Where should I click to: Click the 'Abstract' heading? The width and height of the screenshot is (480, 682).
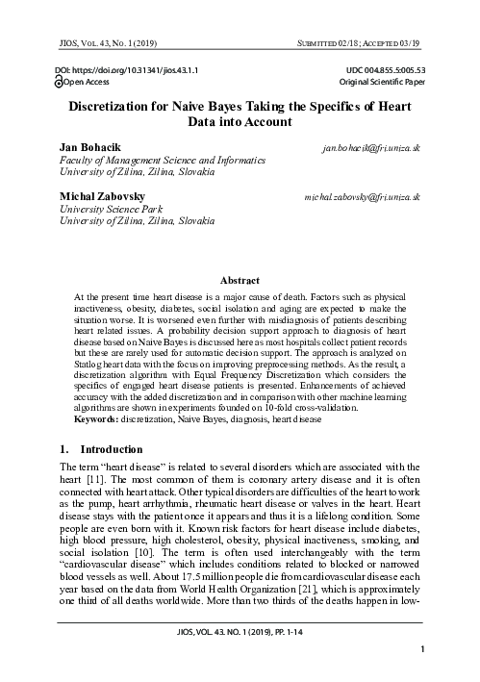[x=240, y=279]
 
